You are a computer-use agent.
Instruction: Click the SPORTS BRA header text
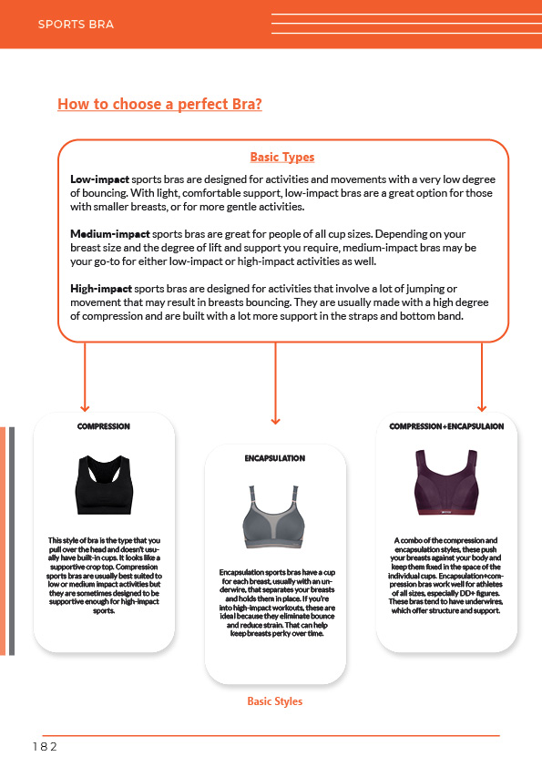click(x=76, y=25)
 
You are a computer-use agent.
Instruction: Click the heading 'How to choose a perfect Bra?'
click(x=159, y=104)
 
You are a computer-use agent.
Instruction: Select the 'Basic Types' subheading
click(x=282, y=157)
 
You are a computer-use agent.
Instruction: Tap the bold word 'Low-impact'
click(x=99, y=179)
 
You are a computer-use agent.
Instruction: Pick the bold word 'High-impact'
click(x=101, y=289)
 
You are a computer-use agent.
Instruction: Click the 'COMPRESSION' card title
click(x=104, y=426)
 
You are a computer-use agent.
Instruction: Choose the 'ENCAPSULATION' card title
click(x=275, y=458)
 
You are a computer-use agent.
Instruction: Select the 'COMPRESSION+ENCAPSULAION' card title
click(x=446, y=426)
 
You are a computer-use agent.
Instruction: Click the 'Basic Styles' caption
click(x=275, y=701)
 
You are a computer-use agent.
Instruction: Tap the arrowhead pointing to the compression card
click(x=85, y=407)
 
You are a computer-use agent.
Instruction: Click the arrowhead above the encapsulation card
click(x=275, y=420)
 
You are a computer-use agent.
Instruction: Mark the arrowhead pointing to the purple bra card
click(x=482, y=407)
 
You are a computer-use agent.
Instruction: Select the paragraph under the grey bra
click(x=275, y=602)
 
